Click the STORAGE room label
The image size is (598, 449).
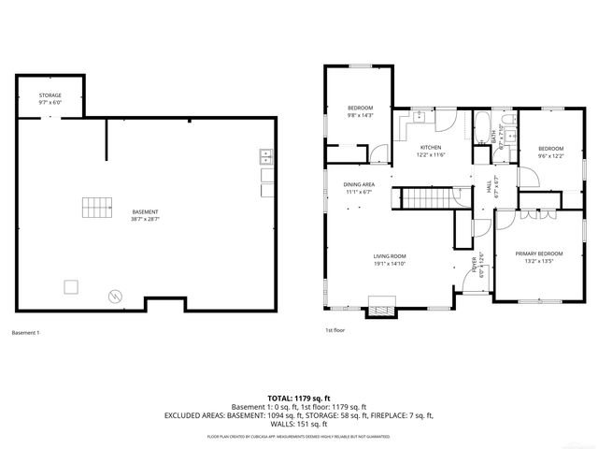(x=50, y=95)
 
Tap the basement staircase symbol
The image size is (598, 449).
(x=95, y=206)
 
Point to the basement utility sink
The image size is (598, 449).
(x=265, y=155)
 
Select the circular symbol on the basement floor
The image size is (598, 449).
(x=115, y=296)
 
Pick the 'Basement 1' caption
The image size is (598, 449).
(x=26, y=332)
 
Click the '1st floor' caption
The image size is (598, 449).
(x=335, y=330)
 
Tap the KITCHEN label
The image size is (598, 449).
(x=430, y=148)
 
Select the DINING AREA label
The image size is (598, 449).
(x=359, y=184)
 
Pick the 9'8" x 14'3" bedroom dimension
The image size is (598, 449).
(x=361, y=115)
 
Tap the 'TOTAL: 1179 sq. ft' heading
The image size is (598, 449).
(x=298, y=398)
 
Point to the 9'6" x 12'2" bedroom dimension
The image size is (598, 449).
(x=550, y=155)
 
